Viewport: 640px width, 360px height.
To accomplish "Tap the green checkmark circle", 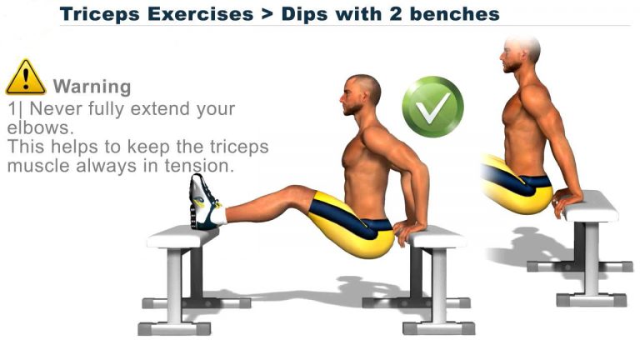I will (432, 107).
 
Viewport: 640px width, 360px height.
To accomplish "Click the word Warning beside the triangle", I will (92, 86).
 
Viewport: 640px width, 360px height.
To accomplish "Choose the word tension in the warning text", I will (204, 165).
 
